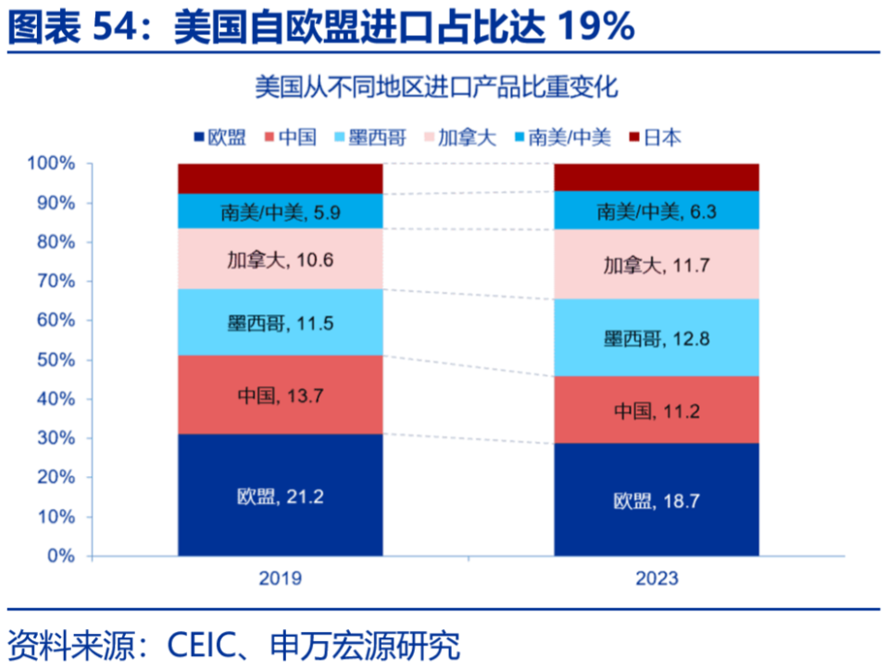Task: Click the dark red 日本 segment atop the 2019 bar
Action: click(x=280, y=178)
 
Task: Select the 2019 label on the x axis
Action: click(x=280, y=579)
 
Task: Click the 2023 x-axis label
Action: click(x=656, y=579)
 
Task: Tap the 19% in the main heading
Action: click(x=595, y=28)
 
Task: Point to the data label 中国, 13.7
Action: click(x=280, y=396)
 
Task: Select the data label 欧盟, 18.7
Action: click(x=656, y=501)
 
